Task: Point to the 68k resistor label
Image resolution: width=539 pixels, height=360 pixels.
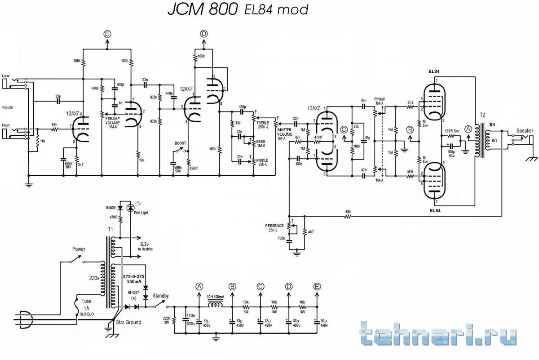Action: (54, 124)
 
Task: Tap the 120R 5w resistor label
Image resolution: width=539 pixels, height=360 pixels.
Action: (452, 130)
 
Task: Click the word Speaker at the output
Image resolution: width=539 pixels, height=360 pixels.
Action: (525, 131)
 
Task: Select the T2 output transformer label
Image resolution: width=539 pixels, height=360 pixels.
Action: (482, 115)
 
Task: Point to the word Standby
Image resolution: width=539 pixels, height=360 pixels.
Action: (160, 296)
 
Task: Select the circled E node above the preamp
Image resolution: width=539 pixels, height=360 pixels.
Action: (107, 34)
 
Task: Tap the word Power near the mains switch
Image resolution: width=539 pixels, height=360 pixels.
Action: (79, 249)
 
